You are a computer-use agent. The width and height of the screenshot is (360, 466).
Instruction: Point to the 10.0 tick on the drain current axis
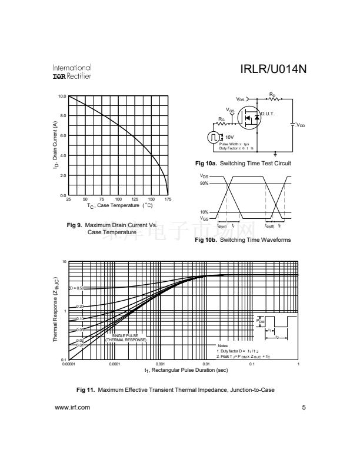(61, 96)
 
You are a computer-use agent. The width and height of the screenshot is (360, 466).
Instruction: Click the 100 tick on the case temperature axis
(118, 199)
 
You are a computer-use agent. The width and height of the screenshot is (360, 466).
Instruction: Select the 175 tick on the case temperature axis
(168, 199)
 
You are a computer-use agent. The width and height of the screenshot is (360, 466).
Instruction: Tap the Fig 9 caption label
(76, 225)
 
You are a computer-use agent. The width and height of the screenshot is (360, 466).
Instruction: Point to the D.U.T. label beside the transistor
(268, 114)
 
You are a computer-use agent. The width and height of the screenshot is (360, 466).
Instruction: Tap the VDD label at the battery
(300, 125)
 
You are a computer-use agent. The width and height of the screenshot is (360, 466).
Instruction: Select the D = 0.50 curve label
(77, 288)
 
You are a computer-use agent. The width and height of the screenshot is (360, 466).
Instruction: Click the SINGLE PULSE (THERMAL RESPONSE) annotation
(125, 338)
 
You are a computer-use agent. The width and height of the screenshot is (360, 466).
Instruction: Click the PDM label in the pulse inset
(261, 321)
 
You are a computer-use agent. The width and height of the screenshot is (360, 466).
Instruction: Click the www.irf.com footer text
(72, 407)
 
